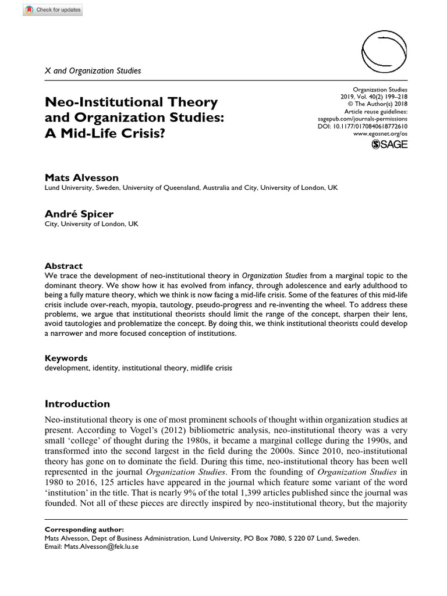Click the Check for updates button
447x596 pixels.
pyautogui.click(x=53, y=10)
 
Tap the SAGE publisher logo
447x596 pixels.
pyautogui.click(x=389, y=144)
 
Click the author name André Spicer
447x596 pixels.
pyautogui.click(x=73, y=214)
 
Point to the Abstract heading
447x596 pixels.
pyautogui.click(x=63, y=265)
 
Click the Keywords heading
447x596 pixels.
pyautogui.click(x=66, y=358)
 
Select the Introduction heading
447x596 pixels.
pyautogui.click(x=77, y=403)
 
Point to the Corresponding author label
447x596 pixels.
pyautogui.click(x=84, y=530)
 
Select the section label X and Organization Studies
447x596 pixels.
pyautogui.click(x=93, y=71)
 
